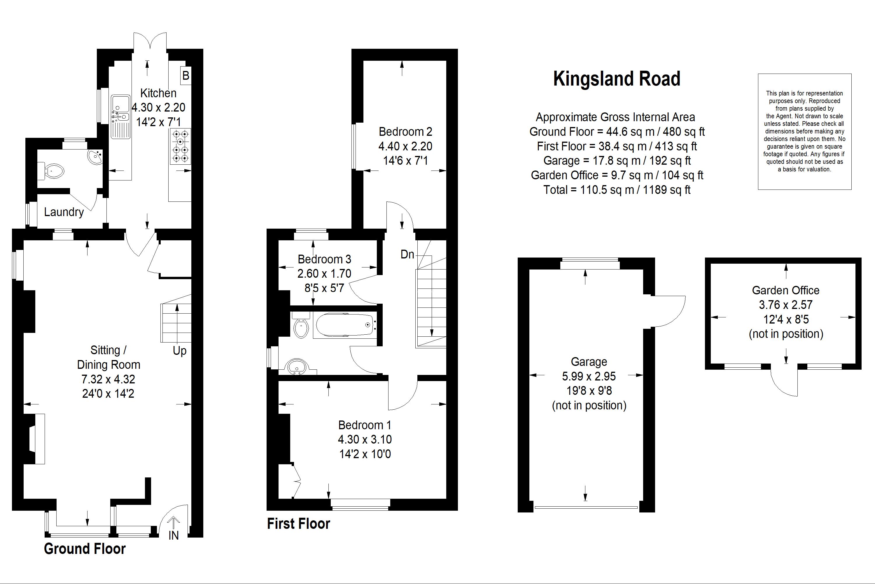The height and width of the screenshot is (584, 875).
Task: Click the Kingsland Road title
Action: click(x=617, y=79)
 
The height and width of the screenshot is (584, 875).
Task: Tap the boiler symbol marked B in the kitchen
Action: click(x=185, y=76)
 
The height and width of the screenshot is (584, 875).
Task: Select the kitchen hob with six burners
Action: click(x=181, y=146)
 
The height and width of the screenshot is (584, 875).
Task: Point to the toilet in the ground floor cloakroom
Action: click(x=54, y=171)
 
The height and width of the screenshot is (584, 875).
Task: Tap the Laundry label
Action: click(x=64, y=212)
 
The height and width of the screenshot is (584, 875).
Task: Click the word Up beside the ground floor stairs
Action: click(x=179, y=351)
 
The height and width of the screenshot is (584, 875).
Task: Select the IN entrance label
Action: click(x=173, y=535)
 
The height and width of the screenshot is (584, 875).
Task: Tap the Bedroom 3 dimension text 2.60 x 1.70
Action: click(x=324, y=273)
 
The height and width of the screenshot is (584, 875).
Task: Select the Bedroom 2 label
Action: click(x=405, y=131)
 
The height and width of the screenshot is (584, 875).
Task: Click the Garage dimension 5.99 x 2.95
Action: click(x=589, y=376)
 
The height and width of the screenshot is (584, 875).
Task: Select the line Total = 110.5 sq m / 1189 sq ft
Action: click(x=617, y=190)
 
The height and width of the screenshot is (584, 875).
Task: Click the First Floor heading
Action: click(x=298, y=524)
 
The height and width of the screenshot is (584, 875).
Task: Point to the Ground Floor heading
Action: click(x=85, y=549)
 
